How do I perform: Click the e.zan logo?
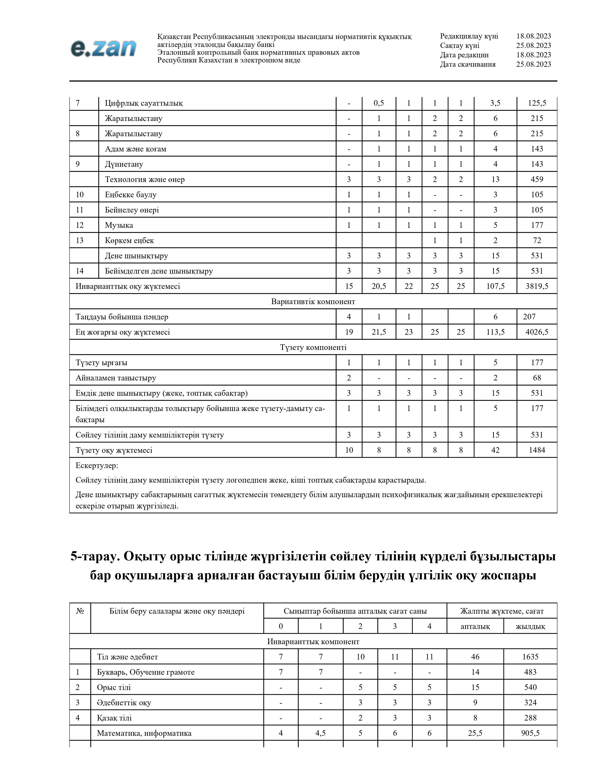click(x=103, y=49)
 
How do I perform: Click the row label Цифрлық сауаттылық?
click(x=144, y=103)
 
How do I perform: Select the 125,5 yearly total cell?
click(x=537, y=103)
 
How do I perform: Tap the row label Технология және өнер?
click(x=145, y=180)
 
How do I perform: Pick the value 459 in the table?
click(x=537, y=180)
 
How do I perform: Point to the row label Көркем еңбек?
click(x=129, y=240)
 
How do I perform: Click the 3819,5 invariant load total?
click(x=537, y=286)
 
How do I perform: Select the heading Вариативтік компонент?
click(x=313, y=302)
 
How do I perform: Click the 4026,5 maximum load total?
click(x=537, y=332)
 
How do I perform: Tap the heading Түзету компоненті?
click(x=313, y=347)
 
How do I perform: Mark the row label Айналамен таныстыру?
click(x=116, y=378)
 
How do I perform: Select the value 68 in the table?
click(x=537, y=378)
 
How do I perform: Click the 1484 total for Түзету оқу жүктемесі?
click(x=537, y=450)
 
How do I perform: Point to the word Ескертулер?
click(x=97, y=465)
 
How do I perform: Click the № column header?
click(x=80, y=611)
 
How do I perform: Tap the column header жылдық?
click(x=530, y=627)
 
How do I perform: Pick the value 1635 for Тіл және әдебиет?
click(x=530, y=657)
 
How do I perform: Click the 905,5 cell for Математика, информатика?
click(x=530, y=733)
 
